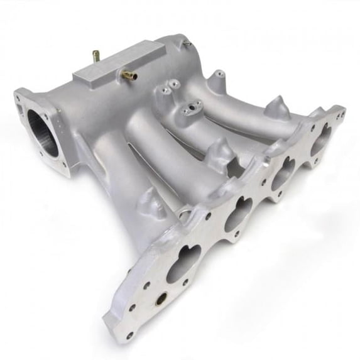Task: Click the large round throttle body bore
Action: (x=43, y=132)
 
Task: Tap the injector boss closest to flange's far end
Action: (x=276, y=107)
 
